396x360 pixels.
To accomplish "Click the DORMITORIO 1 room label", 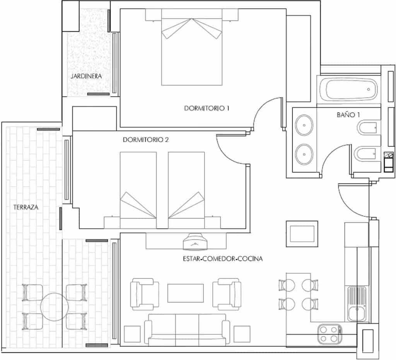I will pos(207,109).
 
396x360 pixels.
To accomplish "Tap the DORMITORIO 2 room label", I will pos(145,140).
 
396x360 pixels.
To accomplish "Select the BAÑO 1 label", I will pos(348,115).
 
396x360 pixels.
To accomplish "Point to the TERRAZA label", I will pos(26,207).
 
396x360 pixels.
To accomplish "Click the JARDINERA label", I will pos(86,76).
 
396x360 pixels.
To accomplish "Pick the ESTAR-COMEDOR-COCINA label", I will pos(222,259).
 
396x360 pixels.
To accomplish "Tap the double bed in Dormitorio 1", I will pos(192,48).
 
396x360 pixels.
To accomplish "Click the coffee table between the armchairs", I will pos(185,293).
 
